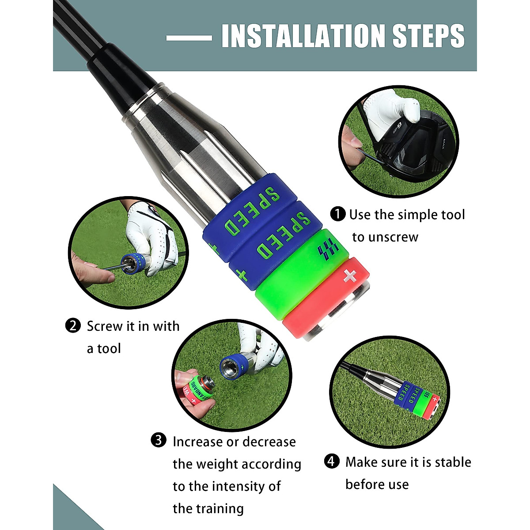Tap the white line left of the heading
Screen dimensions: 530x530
click(189, 38)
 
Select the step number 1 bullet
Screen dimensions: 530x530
click(338, 215)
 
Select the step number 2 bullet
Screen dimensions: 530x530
click(73, 326)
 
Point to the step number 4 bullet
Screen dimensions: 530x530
click(332, 462)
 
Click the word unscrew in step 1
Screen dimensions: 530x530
click(393, 237)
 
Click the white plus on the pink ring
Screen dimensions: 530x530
click(350, 276)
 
